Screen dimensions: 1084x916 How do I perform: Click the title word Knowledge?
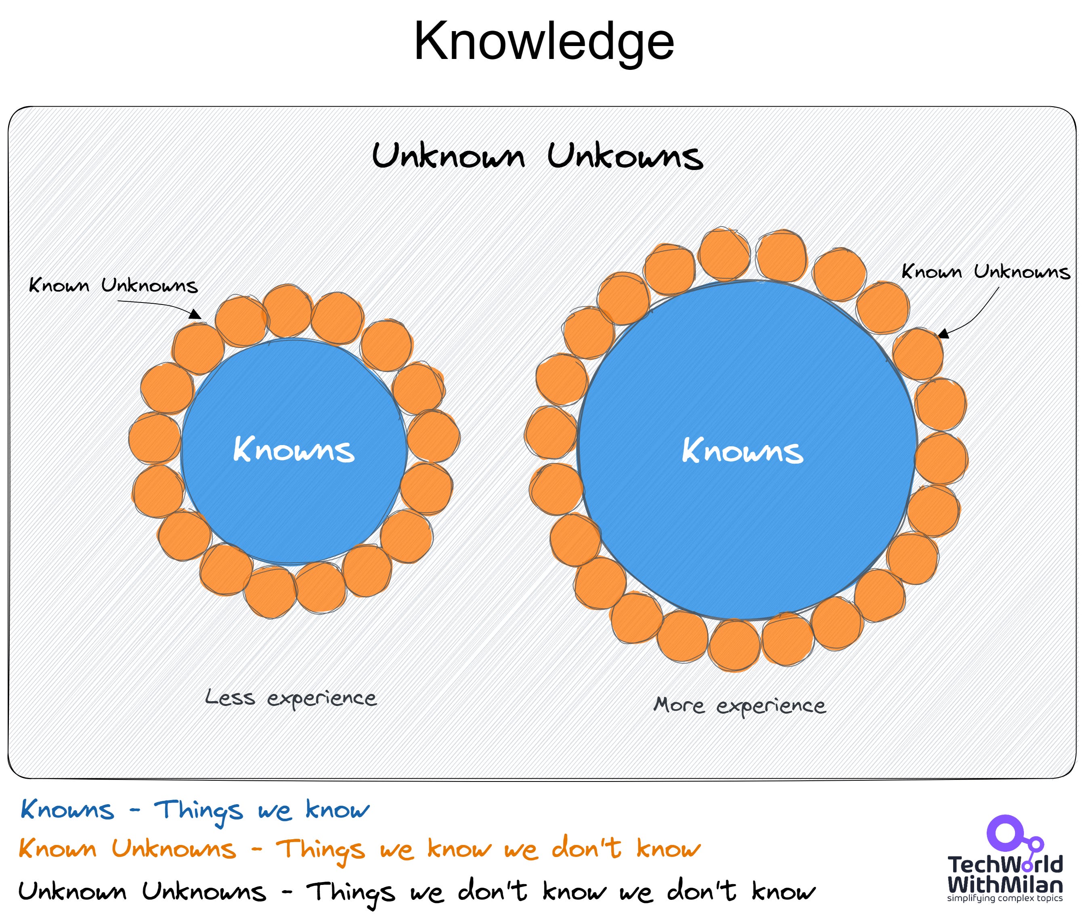coord(543,42)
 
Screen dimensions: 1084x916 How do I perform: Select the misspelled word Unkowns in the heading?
coord(625,156)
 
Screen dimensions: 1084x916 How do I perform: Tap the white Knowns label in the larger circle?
coord(742,451)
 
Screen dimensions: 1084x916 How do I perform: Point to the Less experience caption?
coord(291,698)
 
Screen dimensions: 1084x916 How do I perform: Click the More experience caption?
coord(739,705)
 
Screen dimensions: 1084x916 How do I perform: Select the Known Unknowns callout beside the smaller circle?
coord(113,285)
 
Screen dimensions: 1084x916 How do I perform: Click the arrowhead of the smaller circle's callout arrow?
coord(196,314)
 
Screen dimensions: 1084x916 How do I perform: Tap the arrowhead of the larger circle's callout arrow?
coord(943,334)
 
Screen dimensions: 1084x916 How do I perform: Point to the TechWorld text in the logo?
coord(1005,865)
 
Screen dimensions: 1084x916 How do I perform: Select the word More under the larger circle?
coord(679,705)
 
